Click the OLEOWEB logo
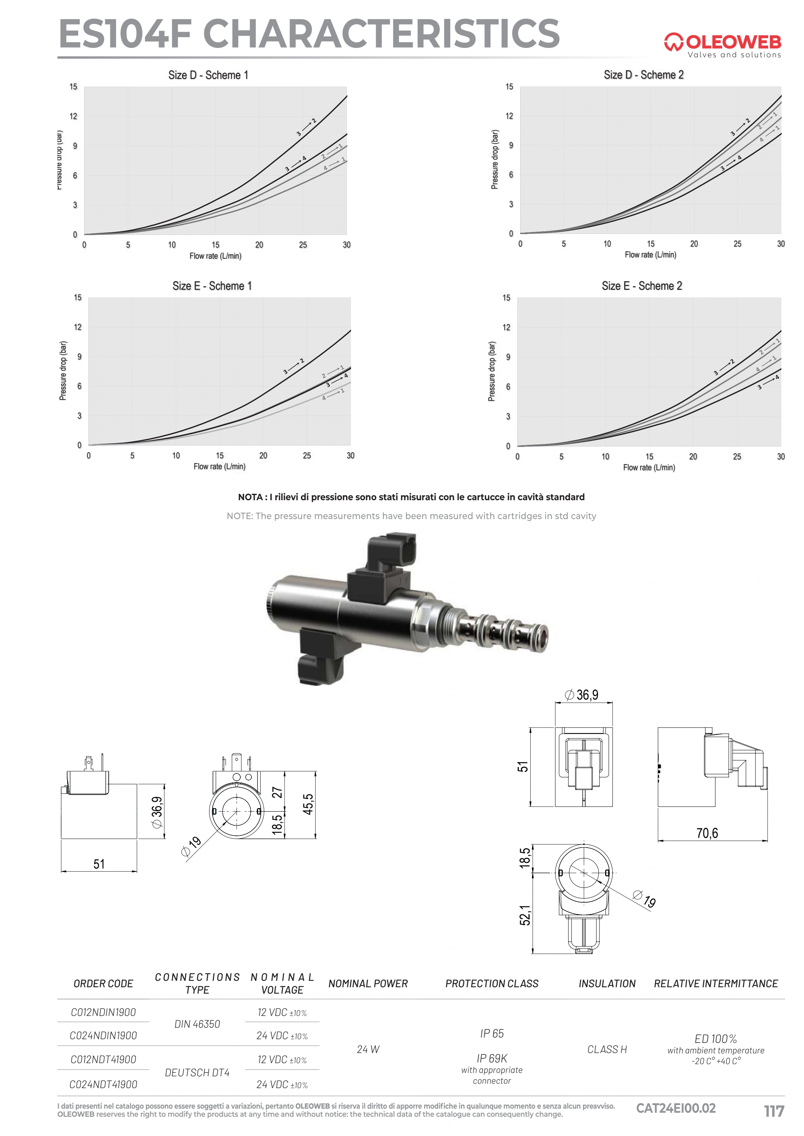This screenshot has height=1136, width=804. pos(722,46)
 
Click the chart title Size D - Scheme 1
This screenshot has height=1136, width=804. pos(208,75)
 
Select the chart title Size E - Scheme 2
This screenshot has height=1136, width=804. pos(642,286)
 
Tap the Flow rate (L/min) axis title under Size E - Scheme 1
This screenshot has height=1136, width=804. pos(219,466)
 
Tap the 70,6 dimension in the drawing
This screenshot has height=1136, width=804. pos(707,833)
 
